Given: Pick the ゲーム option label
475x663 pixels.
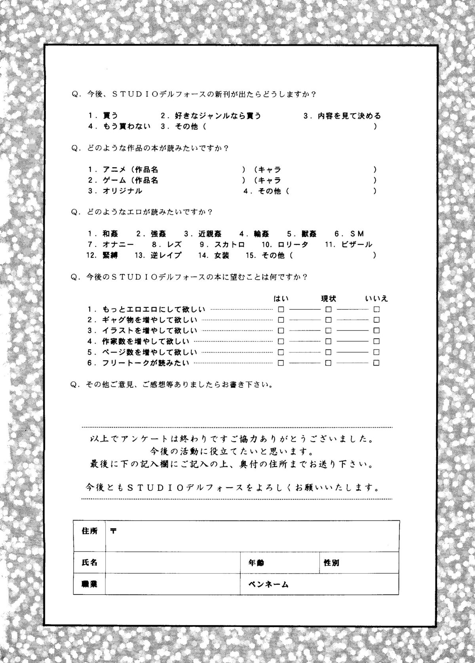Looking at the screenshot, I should tap(114, 180).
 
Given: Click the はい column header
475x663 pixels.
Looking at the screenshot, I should tap(281, 299).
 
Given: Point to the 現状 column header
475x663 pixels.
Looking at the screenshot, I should tap(329, 299).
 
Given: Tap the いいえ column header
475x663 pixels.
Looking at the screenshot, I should tap(376, 299).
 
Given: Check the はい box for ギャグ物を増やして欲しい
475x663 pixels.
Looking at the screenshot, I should tap(281, 320).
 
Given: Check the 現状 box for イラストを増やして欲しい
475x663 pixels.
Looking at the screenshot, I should tap(329, 330).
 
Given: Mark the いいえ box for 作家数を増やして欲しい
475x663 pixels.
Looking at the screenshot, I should tap(376, 341).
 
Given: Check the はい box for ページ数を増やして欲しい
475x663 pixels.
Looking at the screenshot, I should tap(281, 352).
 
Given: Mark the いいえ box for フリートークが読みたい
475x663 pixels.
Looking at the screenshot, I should tap(376, 362).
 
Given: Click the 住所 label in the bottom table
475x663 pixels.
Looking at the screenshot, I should tap(89, 531).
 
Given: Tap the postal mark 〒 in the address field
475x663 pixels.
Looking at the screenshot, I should tap(113, 531).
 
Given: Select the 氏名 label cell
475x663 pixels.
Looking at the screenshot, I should tap(89, 562).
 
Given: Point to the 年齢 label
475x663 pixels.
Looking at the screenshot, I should tap(256, 562).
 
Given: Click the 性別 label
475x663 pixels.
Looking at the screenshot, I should tap(331, 562).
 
